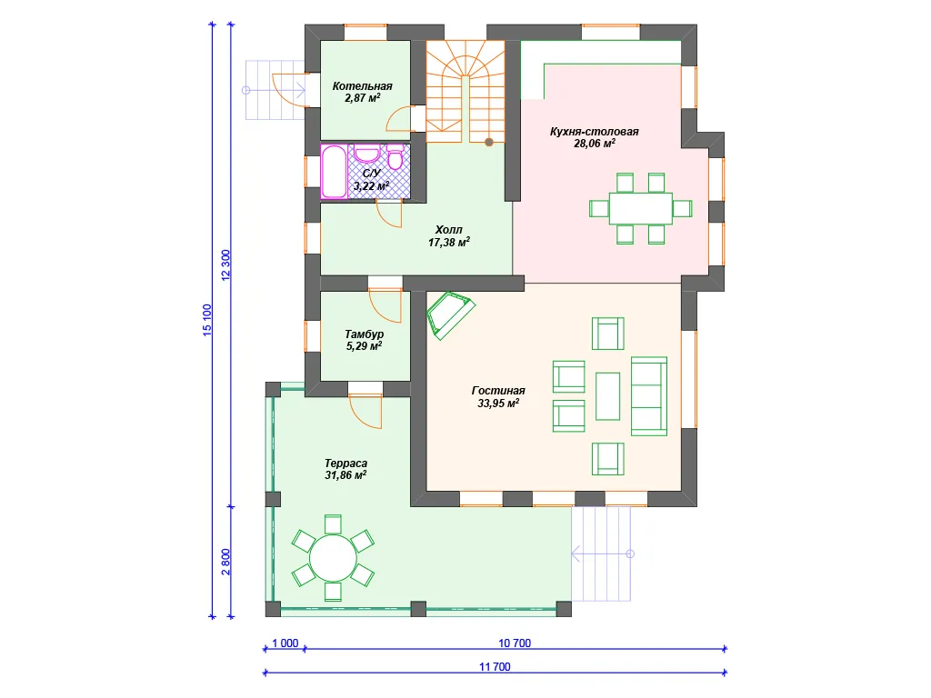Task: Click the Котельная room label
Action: [362, 86]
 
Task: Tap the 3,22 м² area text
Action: [372, 185]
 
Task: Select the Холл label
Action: [449, 230]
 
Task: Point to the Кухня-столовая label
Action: [594, 132]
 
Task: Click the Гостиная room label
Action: [498, 391]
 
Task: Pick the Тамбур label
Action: [364, 334]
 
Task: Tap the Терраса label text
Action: [345, 463]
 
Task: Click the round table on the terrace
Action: [333, 559]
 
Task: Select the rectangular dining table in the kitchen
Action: [641, 208]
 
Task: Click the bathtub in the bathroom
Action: [335, 172]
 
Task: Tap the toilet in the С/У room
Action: [395, 156]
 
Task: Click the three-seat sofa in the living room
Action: [649, 396]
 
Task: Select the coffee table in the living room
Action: [607, 396]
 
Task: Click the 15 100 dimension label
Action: [206, 321]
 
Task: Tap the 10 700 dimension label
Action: [515, 643]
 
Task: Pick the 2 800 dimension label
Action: [225, 562]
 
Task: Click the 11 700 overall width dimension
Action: [495, 666]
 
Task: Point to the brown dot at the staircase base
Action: [488, 143]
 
